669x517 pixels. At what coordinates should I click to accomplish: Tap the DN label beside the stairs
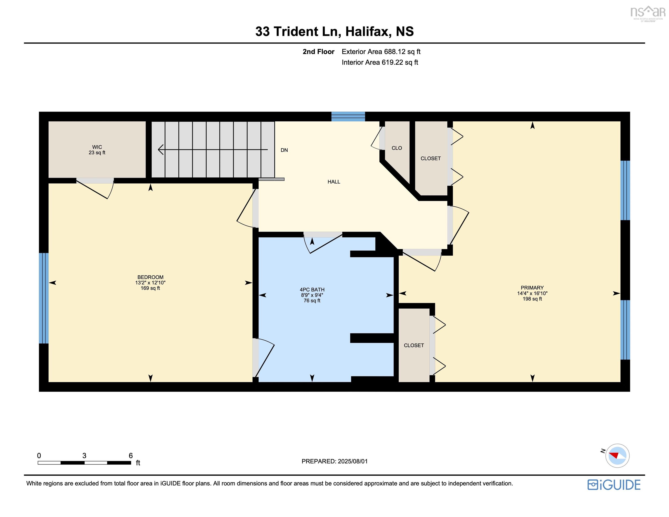pos(284,150)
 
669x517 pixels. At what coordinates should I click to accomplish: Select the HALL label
pos(334,182)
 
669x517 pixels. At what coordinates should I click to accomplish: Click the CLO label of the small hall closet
pos(396,148)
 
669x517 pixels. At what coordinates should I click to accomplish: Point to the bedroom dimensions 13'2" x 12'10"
pos(150,283)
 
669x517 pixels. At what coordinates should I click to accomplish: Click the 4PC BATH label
pos(312,290)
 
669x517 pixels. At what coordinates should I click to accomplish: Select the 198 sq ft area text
pos(532,299)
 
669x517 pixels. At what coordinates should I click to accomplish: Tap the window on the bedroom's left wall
pos(44,298)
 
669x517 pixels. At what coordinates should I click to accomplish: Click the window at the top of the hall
pos(348,116)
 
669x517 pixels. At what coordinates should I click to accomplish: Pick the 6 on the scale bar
pos(131,456)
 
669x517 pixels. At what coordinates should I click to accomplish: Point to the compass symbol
pos(617,456)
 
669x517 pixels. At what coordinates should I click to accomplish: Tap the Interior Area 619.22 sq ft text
pos(380,63)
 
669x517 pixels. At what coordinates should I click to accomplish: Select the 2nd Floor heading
pos(318,52)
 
